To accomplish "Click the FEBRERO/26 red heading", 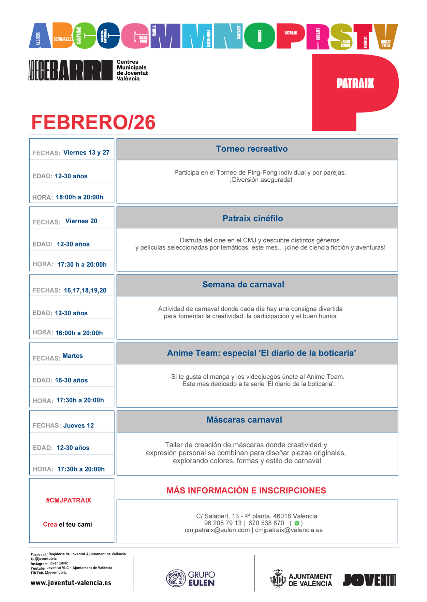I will pos(93,122).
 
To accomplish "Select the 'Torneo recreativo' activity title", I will pos(252,149).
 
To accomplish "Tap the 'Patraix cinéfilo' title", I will pos(253,219).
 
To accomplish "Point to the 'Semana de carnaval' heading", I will pos(243,285).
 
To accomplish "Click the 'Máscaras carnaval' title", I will pos(244,420).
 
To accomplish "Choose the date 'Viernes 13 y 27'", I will pos(86,153).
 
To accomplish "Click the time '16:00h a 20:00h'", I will pos(79,333).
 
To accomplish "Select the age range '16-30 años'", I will pos(71,380).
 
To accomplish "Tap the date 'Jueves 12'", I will pos(78,426).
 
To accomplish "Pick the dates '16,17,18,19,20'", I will pos(85,290).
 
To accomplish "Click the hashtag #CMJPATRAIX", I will pos(69,500).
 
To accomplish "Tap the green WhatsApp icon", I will pos(297,523).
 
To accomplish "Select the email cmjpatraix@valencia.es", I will pos(289,530).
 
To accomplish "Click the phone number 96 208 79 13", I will pos(223,523).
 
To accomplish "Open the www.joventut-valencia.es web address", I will pos(71,583).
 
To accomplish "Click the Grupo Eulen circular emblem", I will pos(176,578).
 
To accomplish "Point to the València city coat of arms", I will pos(278,579).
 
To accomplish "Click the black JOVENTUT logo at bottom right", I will pos(369,580).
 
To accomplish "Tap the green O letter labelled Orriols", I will pos(260,36).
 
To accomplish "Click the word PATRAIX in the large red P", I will pos(355,84).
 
